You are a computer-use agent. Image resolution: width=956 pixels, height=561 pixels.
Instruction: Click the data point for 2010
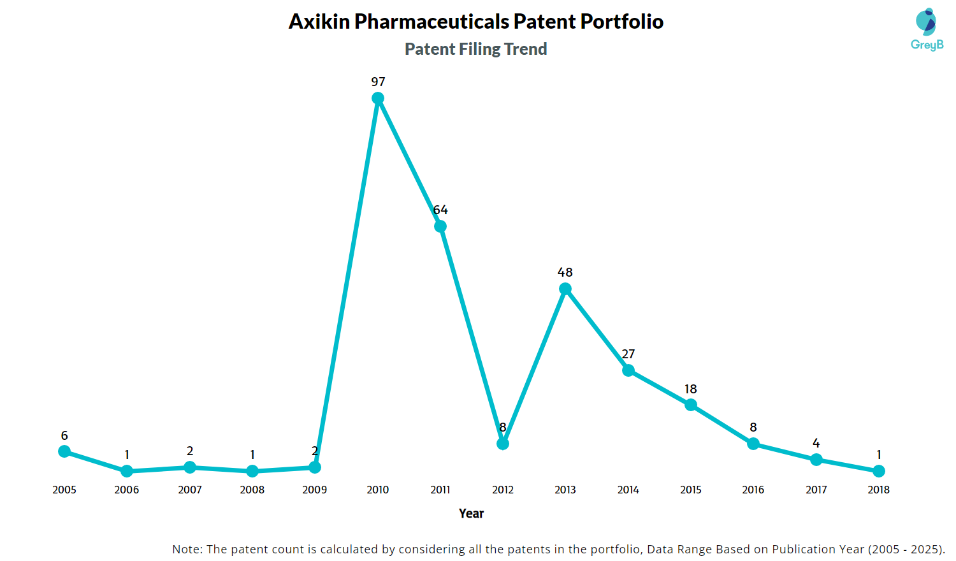[378, 98]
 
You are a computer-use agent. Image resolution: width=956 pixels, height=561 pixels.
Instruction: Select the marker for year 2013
[565, 289]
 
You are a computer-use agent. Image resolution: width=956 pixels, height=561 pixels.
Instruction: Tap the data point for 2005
[64, 451]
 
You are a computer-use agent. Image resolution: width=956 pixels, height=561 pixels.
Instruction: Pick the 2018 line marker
[879, 471]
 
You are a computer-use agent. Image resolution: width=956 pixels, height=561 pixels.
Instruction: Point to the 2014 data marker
[628, 370]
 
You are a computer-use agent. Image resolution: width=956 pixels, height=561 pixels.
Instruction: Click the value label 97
[378, 82]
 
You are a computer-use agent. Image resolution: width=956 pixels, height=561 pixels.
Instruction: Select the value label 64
[440, 210]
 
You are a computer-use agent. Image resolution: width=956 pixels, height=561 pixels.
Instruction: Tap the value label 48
[565, 272]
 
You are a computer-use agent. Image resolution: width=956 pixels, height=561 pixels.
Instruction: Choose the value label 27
[628, 354]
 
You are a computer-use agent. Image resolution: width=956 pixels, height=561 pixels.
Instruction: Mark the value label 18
[691, 389]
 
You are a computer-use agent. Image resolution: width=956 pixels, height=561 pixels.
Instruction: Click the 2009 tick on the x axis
[315, 490]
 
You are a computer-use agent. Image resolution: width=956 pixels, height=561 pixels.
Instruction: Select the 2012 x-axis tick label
[503, 490]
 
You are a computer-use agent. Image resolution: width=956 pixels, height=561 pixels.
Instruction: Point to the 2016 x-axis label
[753, 490]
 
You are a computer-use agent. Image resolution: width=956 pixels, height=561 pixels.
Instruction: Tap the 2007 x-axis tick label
[190, 490]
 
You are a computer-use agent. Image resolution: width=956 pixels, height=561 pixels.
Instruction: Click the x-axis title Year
[471, 513]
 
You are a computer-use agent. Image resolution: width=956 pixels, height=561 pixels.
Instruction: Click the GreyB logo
[927, 29]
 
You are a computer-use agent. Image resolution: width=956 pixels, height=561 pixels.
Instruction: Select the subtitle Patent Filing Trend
[475, 49]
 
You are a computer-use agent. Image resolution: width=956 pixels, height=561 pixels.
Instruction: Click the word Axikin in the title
[319, 22]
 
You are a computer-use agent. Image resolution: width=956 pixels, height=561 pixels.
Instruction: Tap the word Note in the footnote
[186, 549]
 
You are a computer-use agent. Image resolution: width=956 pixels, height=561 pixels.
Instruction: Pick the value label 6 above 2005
[64, 435]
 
